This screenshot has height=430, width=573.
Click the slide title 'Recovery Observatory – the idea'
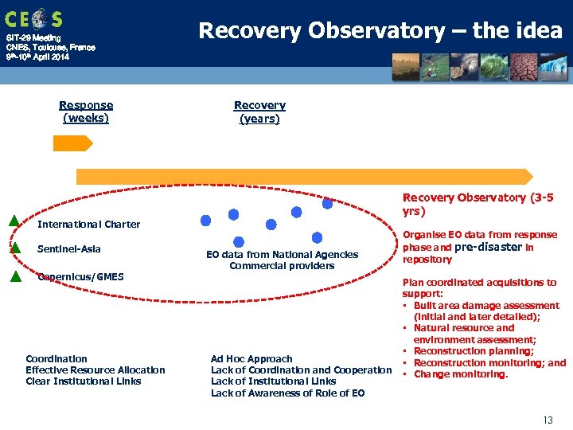point(380,31)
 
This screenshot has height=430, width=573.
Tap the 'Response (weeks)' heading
point(86,111)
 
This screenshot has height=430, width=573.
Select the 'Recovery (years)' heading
point(259,111)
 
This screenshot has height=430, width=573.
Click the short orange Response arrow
point(72,143)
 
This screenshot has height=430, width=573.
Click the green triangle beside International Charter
point(14,221)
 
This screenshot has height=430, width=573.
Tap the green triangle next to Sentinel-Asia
point(14,248)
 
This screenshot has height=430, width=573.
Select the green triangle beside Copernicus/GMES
point(14,277)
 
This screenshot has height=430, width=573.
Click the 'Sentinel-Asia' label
point(69,249)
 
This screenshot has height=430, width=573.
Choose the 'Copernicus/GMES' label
point(80,276)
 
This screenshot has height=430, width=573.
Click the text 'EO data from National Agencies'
point(282,255)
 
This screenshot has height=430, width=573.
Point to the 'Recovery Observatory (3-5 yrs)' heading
point(477,205)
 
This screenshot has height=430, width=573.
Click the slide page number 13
point(547,419)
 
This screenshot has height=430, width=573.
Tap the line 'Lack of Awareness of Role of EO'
point(287,393)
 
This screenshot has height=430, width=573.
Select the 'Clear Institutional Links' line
point(83,381)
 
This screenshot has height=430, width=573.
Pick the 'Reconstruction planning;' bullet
point(474,351)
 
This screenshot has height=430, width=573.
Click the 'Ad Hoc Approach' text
point(251,358)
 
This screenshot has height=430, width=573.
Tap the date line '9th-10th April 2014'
point(37,57)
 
